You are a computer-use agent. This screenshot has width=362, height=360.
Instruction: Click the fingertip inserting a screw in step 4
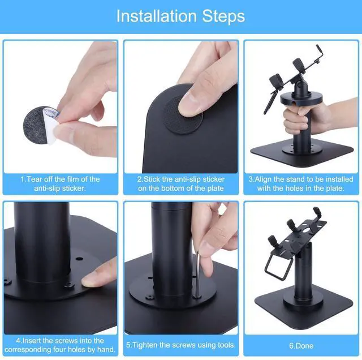96,277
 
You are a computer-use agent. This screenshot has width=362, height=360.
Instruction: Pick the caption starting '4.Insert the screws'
60,345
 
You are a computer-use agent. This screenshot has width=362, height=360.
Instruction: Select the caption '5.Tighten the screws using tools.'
180,345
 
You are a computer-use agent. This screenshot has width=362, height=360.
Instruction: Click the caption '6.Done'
301,345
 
